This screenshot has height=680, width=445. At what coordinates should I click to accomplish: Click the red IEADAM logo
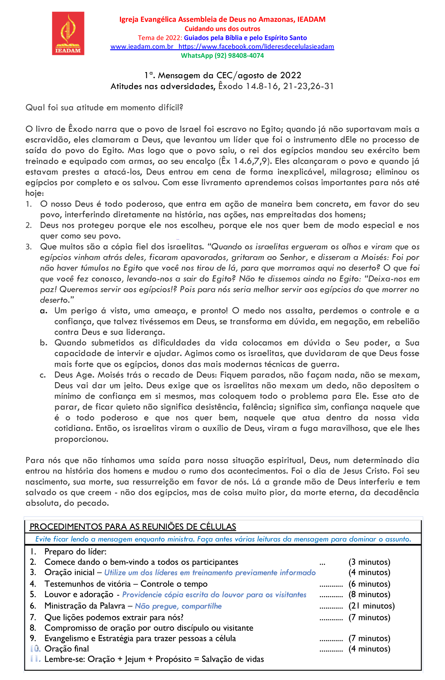[68, 33]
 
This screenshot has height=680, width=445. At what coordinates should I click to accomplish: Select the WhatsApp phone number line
[222, 56]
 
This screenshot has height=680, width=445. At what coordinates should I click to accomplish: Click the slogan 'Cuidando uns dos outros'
[222, 29]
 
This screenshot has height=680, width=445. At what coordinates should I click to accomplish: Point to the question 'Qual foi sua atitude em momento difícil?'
[104, 107]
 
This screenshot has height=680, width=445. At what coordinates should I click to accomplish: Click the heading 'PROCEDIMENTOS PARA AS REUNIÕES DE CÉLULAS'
[133, 526]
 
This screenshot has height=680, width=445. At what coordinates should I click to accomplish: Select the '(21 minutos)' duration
[372, 606]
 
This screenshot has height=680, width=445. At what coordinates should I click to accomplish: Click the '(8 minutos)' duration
[369, 594]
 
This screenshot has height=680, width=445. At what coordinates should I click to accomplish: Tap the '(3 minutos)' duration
[369, 562]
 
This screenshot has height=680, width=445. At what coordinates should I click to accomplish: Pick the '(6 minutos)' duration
[369, 584]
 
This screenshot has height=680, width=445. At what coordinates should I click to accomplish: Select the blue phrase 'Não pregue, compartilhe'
[178, 606]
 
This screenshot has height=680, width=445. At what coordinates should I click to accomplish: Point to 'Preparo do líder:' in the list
[75, 551]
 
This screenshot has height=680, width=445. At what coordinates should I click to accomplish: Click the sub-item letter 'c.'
[43, 375]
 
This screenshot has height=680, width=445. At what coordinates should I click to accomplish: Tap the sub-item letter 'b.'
[43, 343]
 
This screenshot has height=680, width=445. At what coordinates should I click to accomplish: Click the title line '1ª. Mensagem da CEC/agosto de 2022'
[222, 75]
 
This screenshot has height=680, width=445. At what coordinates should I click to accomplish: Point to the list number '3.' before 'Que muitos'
[29, 247]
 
